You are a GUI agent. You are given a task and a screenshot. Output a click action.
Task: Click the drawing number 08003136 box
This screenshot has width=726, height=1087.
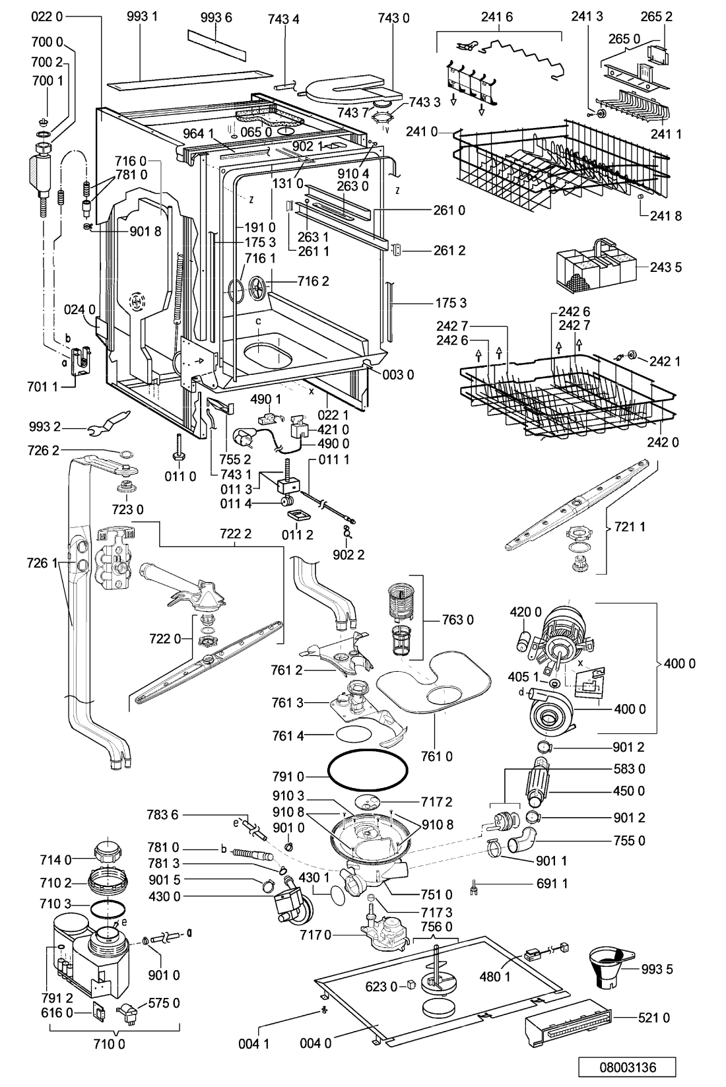627,1067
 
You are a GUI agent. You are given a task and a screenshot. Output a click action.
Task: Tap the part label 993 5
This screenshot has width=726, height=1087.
657,969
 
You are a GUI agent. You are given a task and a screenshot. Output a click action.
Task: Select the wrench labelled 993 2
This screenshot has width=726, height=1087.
110,422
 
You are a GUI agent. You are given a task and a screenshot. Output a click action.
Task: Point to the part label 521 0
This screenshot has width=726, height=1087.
653,1018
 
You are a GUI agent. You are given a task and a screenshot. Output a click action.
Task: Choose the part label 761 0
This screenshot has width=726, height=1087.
437,756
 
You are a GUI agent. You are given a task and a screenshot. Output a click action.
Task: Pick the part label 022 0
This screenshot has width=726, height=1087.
47,16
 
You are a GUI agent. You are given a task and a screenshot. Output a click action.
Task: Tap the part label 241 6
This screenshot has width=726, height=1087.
498,17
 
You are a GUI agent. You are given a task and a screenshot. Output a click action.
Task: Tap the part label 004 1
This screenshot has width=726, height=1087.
254,1043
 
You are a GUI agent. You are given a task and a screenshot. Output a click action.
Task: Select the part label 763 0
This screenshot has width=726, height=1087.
457,620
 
